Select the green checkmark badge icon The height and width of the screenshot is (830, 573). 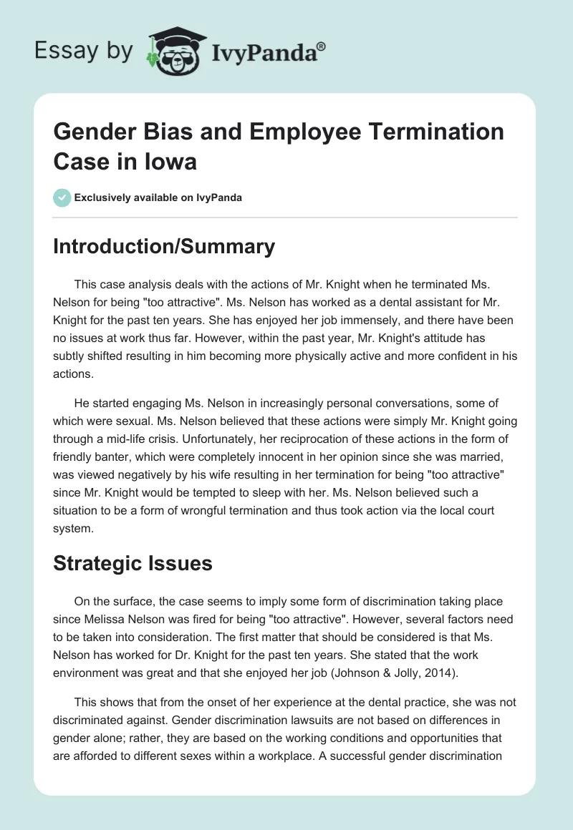[62, 197]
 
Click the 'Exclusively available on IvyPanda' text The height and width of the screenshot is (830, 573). [158, 197]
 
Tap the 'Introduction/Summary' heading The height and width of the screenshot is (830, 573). [164, 247]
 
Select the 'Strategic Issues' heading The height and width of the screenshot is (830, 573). [133, 563]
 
